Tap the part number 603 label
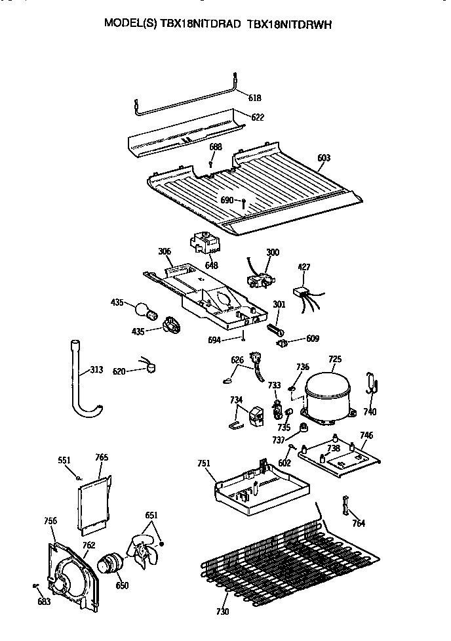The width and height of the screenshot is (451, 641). pyautogui.click(x=324, y=158)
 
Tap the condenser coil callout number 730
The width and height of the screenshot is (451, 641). pyautogui.click(x=222, y=611)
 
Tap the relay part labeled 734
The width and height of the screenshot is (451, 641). pyautogui.click(x=254, y=416)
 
